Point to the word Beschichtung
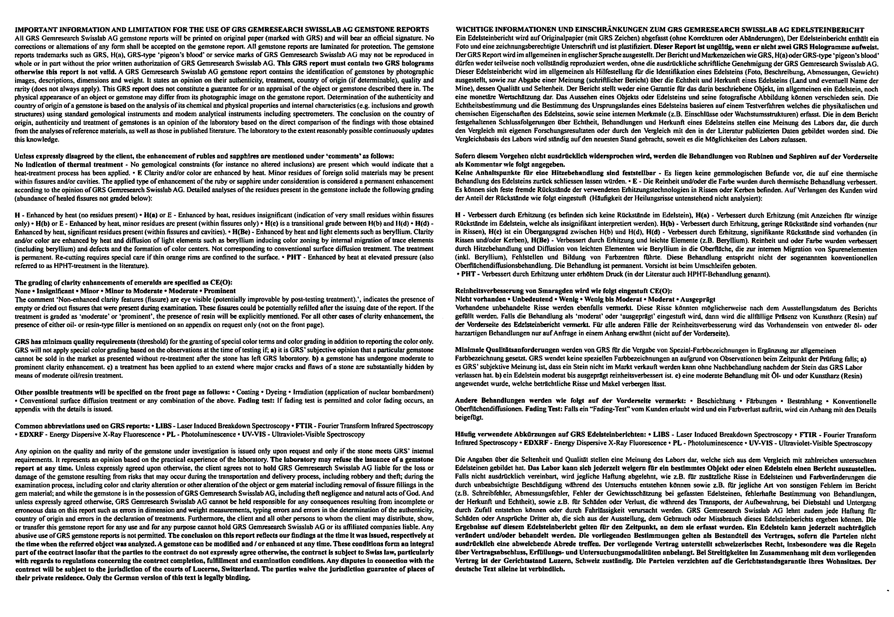coord(716,401)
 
